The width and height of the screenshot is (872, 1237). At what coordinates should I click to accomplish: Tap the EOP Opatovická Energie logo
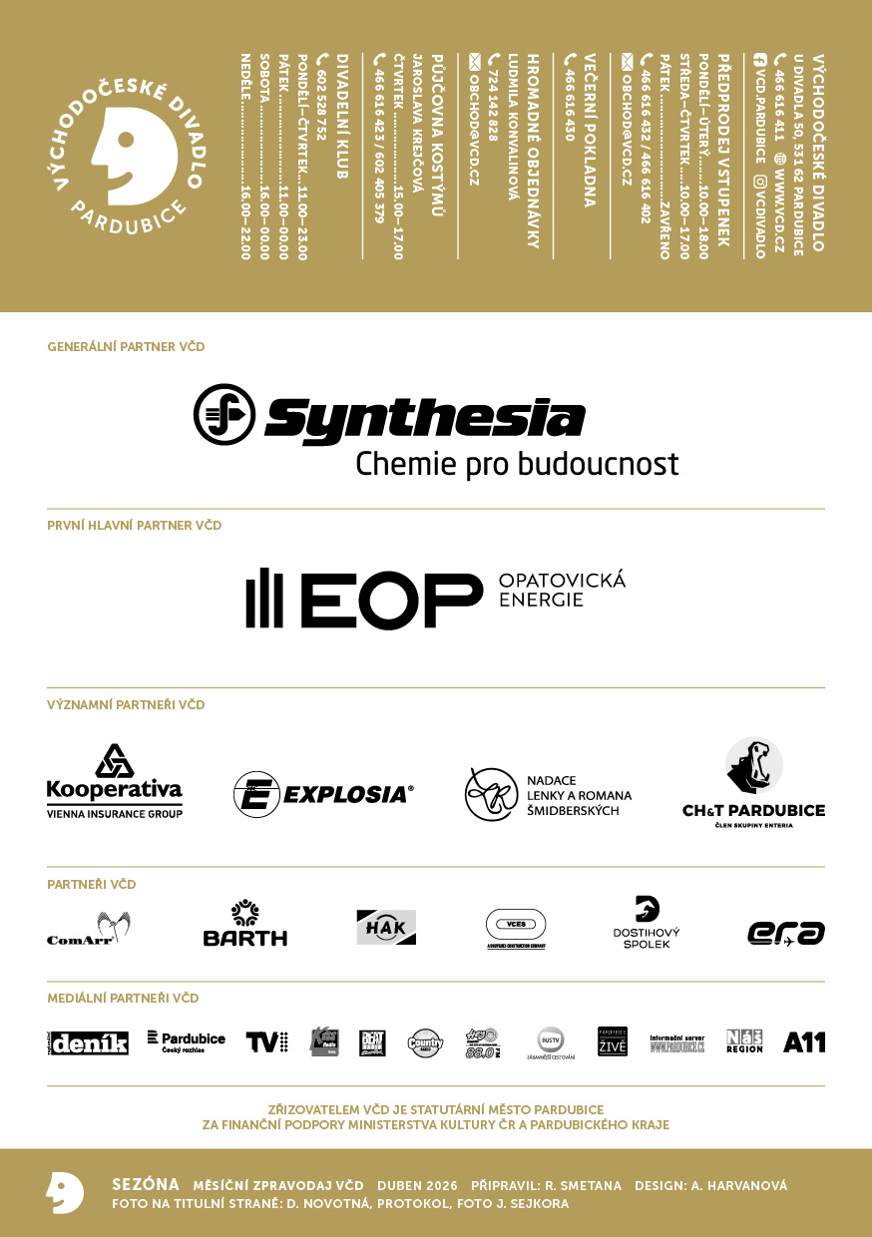click(436, 599)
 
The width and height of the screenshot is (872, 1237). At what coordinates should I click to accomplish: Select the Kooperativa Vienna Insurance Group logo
click(115, 782)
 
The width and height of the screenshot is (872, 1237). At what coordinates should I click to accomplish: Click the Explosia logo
click(323, 794)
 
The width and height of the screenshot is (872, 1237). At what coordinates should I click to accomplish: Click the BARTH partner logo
click(244, 924)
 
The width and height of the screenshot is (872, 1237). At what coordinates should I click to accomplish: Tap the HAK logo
click(386, 927)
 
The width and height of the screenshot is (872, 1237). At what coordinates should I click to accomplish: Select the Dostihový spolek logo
click(647, 923)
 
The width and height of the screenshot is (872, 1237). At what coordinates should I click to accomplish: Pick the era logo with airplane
click(786, 933)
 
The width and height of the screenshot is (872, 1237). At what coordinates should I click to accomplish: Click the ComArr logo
click(90, 929)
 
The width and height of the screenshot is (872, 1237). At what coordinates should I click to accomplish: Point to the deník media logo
click(88, 1042)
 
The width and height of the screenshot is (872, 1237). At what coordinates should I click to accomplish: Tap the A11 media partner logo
click(804, 1042)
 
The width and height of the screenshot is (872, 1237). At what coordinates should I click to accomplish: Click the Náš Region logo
click(744, 1041)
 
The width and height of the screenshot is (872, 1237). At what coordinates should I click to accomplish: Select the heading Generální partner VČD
click(126, 347)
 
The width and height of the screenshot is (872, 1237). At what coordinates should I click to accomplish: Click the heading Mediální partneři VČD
click(123, 998)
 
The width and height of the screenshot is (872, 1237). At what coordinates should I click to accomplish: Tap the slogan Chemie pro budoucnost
click(517, 464)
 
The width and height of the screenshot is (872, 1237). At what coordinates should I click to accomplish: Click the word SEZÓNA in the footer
click(146, 1185)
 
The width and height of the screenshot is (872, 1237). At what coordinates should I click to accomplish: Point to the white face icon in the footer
click(65, 1192)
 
